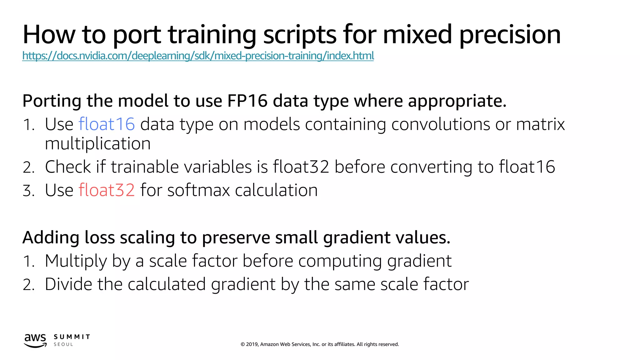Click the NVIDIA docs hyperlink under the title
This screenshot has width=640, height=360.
click(198, 56)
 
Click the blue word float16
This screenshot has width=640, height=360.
click(107, 124)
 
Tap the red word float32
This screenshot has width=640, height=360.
click(107, 190)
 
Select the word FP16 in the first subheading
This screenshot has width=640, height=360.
click(247, 101)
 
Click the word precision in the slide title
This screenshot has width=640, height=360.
click(510, 34)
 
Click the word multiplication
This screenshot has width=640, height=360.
click(98, 144)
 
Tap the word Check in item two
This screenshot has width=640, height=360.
click(68, 167)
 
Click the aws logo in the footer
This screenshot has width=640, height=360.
click(35, 340)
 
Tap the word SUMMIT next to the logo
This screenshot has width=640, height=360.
click(72, 337)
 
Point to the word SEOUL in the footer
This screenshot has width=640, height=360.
click(63, 344)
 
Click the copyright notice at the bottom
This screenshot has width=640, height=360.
click(320, 344)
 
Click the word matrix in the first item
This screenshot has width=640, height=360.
click(540, 124)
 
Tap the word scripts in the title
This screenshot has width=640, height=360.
click(300, 34)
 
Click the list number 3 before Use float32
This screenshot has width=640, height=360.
click(28, 191)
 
